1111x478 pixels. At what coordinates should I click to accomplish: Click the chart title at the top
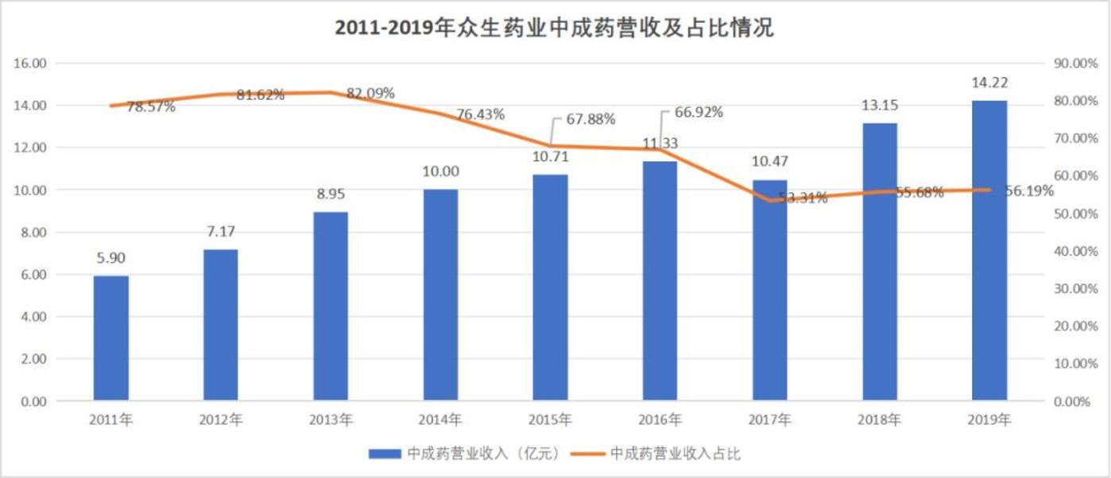pos(554,29)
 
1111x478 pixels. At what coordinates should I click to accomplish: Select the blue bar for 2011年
pos(111,337)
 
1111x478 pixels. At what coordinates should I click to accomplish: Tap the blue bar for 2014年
pos(441,295)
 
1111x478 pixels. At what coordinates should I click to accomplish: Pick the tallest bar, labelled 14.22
pos(989,250)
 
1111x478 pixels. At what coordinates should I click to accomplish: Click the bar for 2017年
pos(770,290)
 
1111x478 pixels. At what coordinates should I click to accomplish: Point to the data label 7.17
pos(221,233)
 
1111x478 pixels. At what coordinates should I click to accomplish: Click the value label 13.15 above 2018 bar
pos(880,106)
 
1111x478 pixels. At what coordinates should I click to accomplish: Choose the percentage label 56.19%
pos(1029,191)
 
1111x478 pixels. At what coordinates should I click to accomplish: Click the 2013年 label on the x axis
pos(331,420)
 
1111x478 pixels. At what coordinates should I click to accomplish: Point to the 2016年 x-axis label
pos(660,420)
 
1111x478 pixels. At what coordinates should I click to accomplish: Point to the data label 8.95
pos(331,195)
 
